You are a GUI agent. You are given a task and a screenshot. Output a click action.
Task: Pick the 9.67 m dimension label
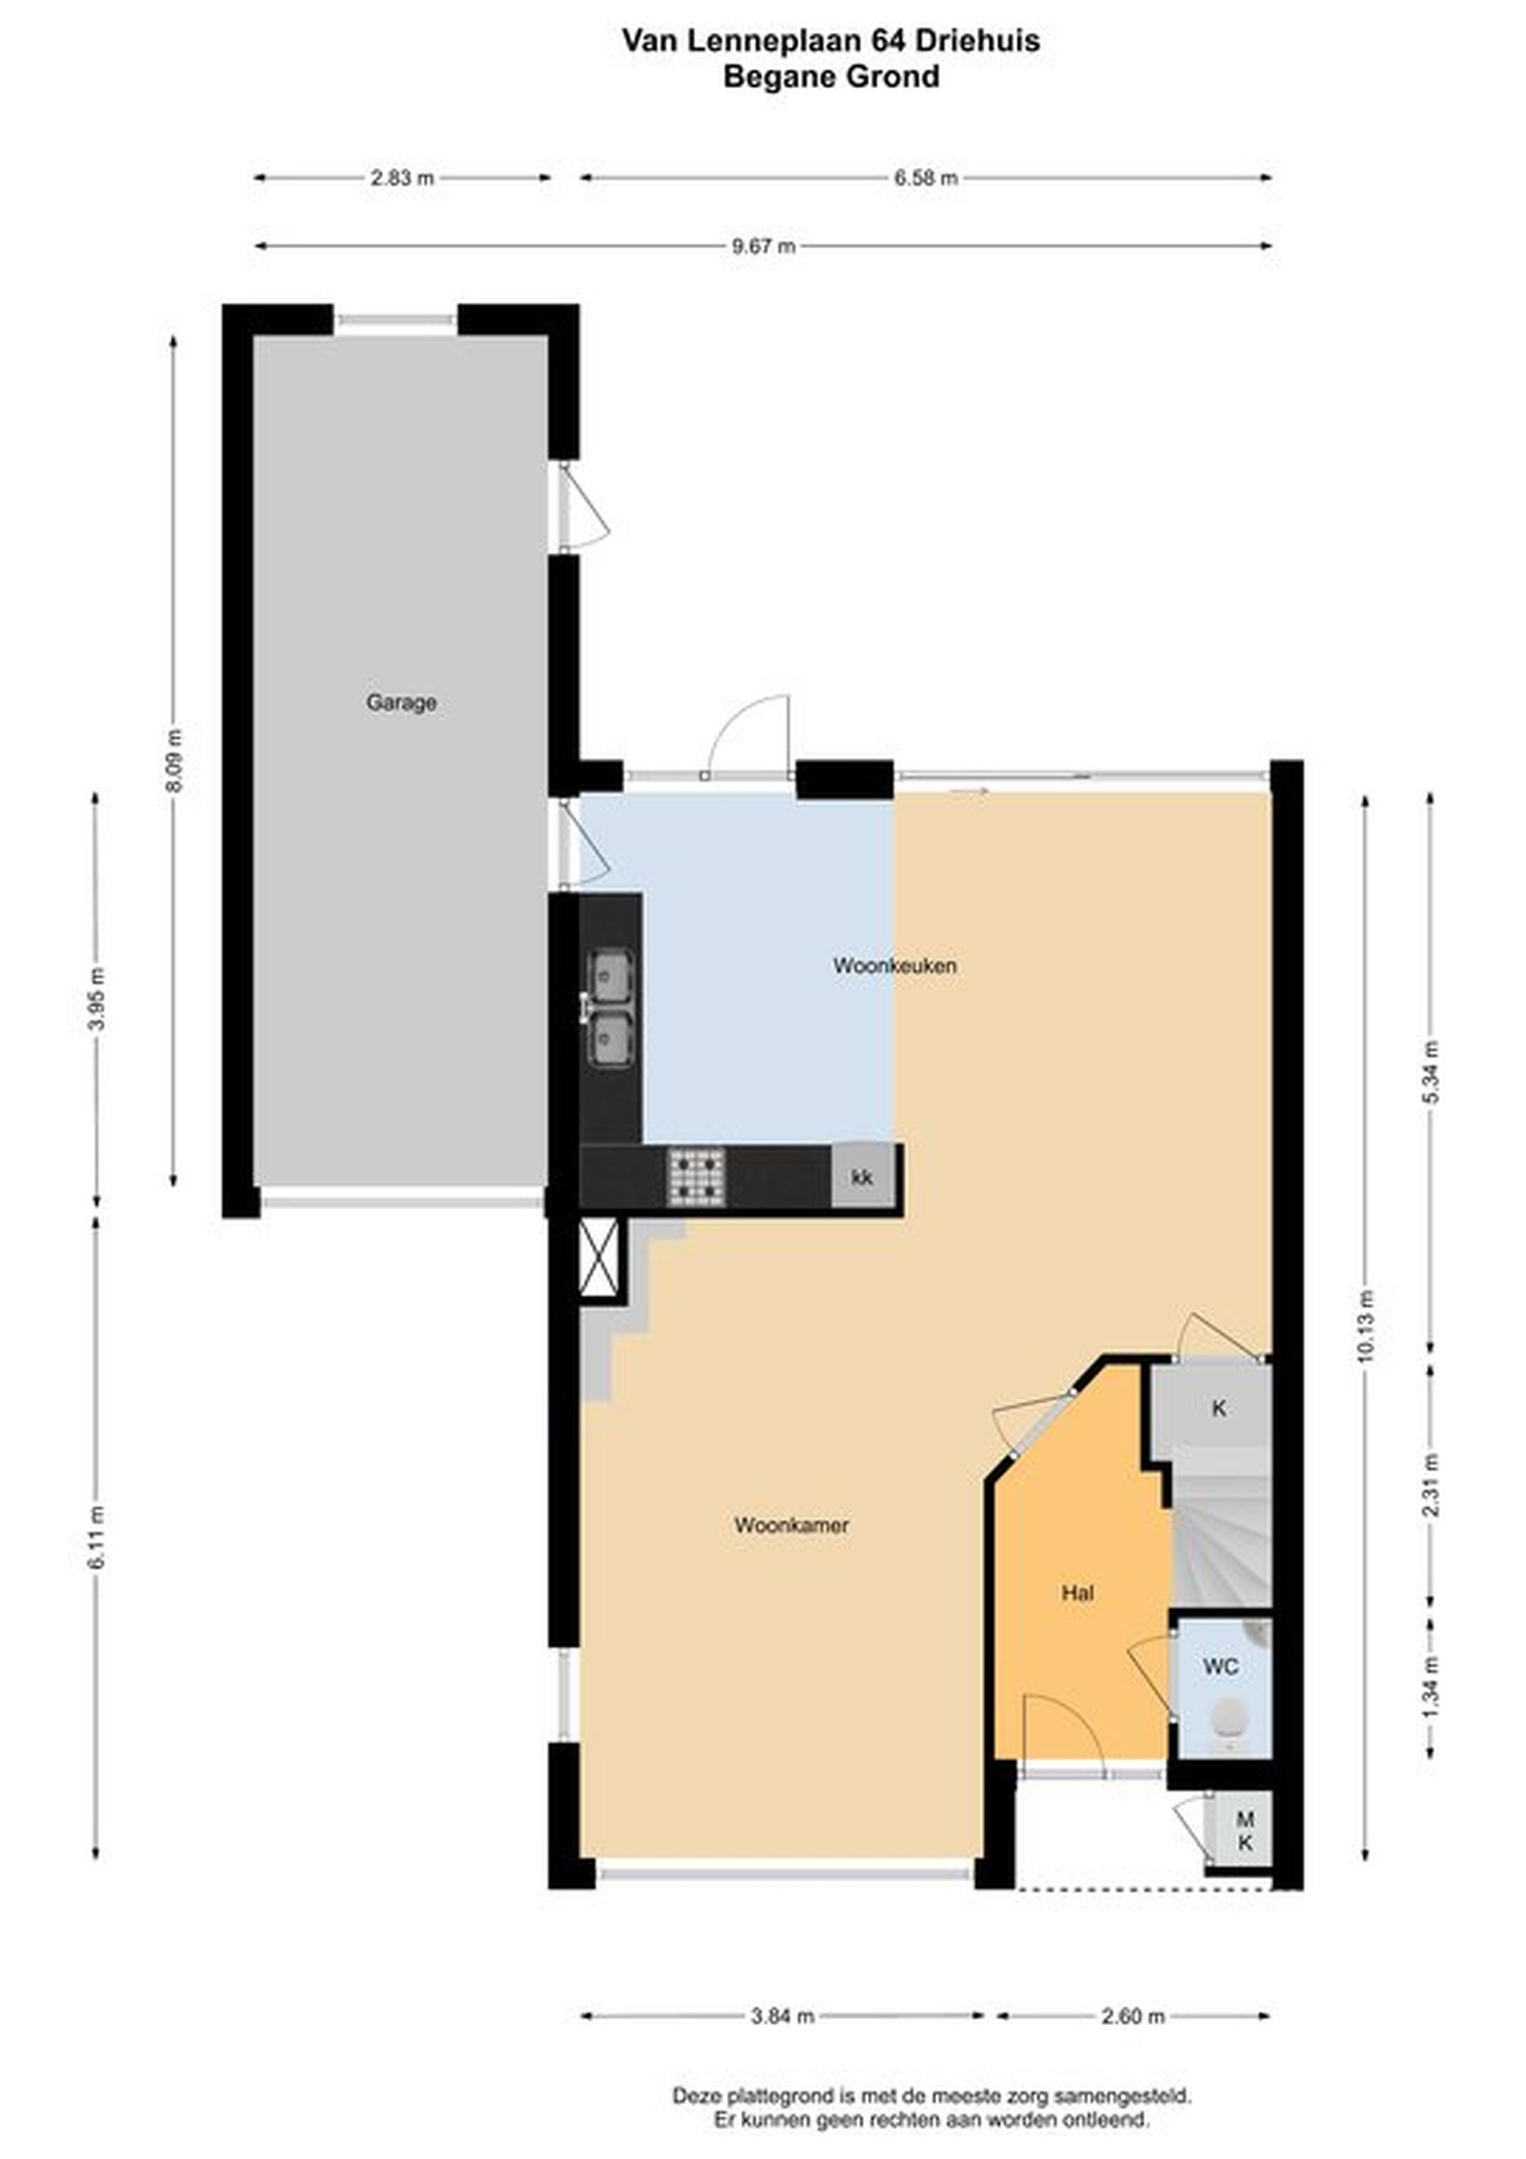click(763, 246)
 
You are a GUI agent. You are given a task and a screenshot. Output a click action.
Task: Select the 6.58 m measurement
click(926, 178)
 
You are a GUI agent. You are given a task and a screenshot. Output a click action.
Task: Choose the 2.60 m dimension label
click(1133, 2017)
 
